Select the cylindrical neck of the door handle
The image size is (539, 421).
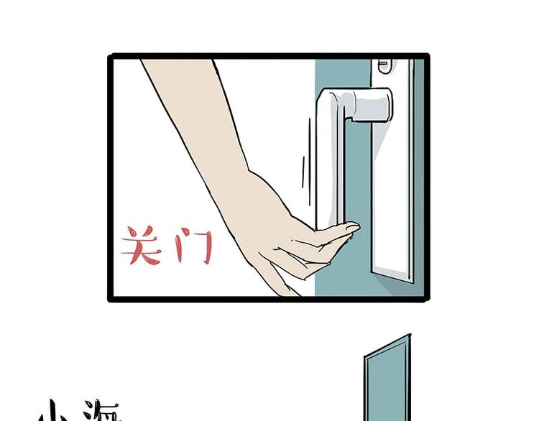(374, 105)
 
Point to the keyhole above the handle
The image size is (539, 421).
(382, 65)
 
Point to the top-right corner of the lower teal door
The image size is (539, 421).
(409, 336)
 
